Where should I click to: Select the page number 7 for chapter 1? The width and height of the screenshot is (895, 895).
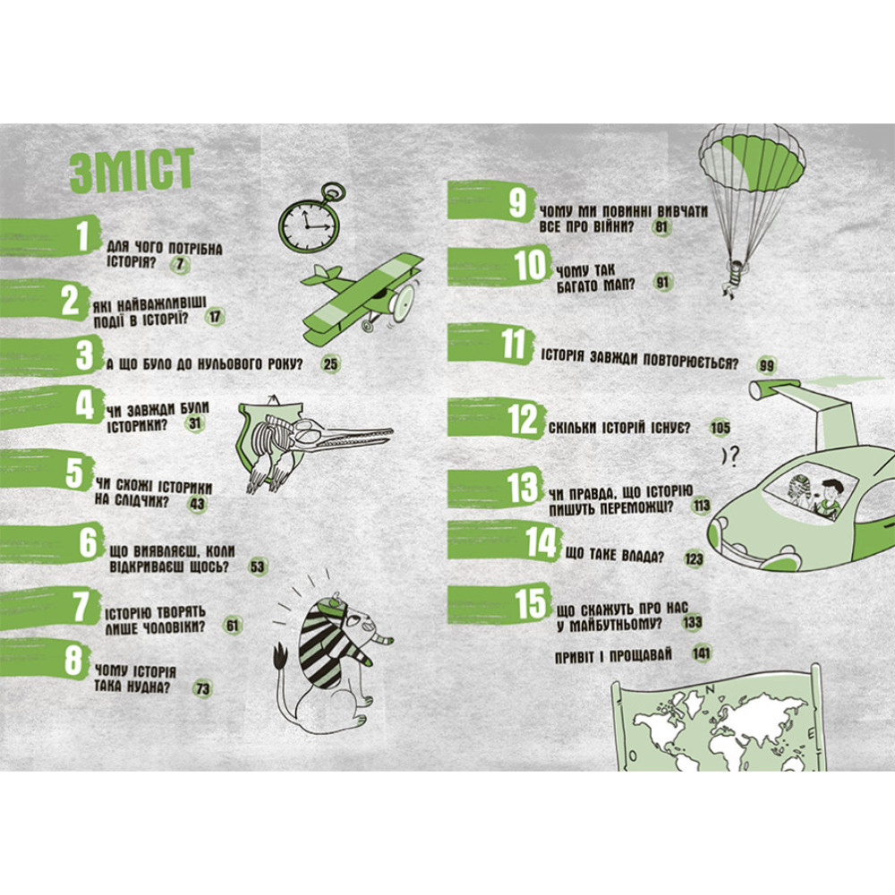pos(180,264)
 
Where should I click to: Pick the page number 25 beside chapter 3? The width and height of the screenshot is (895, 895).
pos(330,363)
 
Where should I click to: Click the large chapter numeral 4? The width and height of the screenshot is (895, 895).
pos(84,405)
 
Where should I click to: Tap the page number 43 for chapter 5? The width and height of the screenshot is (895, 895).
pos(198,504)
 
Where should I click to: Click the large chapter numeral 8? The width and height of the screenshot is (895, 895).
pos(73,660)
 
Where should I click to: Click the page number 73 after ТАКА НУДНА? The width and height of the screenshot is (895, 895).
pos(202,688)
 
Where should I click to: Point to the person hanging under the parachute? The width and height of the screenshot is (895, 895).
pos(733,277)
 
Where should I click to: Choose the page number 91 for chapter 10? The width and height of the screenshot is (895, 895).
pos(662,282)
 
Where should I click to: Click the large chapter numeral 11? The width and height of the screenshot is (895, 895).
pos(514,344)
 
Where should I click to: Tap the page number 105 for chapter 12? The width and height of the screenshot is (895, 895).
pos(720,428)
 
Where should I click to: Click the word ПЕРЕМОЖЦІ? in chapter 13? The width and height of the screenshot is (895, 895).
pos(638,507)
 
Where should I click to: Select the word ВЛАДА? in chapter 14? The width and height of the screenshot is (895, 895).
pos(643,557)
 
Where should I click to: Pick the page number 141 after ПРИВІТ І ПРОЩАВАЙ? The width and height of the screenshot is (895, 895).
pos(701,653)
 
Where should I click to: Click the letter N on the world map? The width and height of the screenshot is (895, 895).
pos(711,689)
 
